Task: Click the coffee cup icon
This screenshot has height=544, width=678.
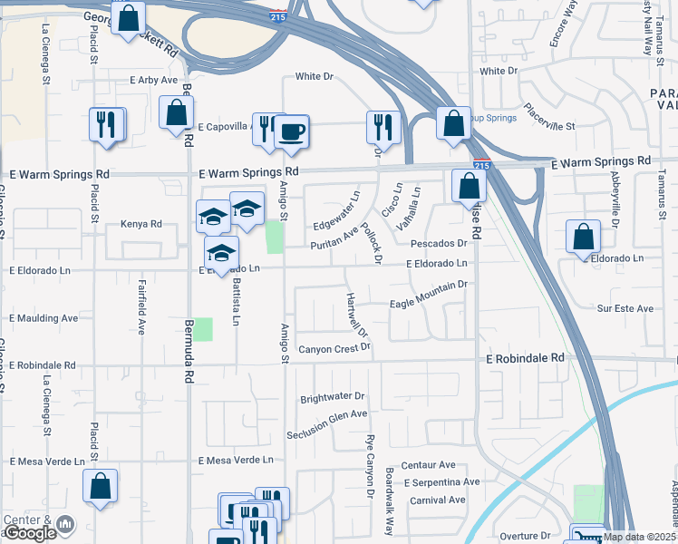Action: (x=291, y=131)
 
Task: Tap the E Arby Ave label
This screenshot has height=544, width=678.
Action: (x=153, y=80)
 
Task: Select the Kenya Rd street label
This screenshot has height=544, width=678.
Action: (x=140, y=224)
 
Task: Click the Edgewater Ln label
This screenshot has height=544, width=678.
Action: (x=336, y=211)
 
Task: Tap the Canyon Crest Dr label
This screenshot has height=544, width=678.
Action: (x=334, y=349)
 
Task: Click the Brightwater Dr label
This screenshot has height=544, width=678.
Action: (x=332, y=397)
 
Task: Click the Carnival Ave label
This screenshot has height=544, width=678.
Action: (x=438, y=500)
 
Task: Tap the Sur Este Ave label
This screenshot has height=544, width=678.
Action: (x=625, y=308)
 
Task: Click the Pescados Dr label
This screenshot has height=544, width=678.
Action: (x=438, y=243)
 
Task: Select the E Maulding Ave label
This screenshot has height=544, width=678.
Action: (x=44, y=318)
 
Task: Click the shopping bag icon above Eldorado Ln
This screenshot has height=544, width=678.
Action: (x=584, y=236)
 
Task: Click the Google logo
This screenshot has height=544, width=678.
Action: (x=30, y=533)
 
